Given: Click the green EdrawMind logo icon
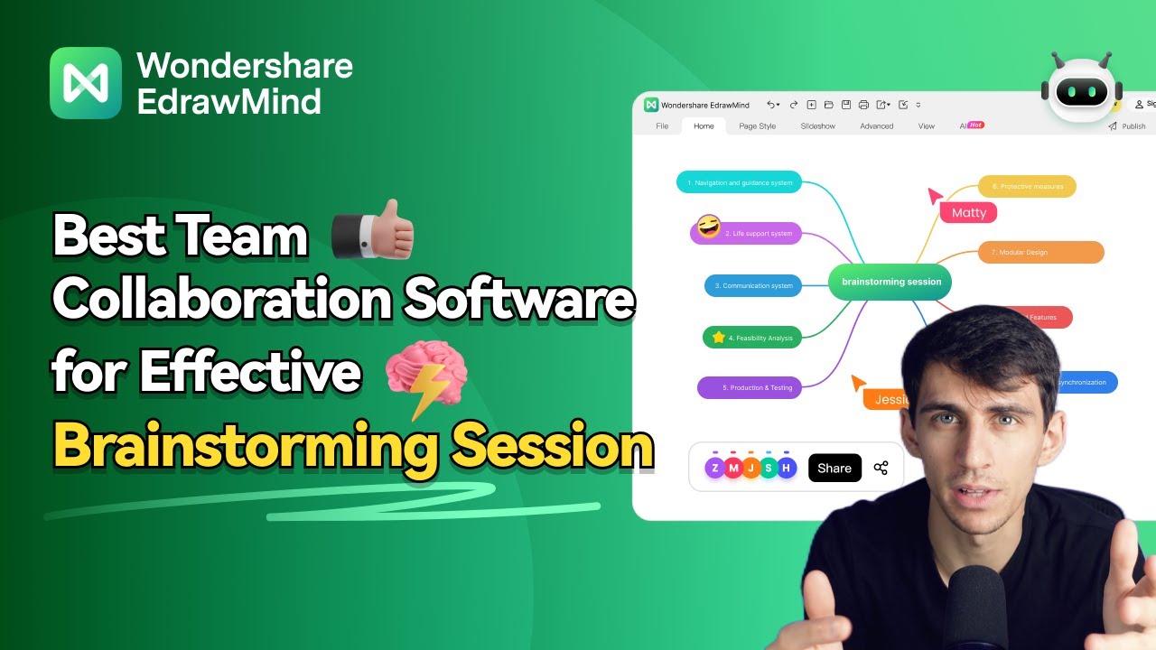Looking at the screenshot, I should coord(86,83).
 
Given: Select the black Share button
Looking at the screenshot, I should coord(834,468).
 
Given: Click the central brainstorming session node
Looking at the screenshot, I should coord(890,282).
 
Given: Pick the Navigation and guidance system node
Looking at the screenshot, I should coord(739,182).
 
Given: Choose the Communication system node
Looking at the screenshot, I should coord(753,285).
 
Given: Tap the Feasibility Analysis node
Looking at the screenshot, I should coord(752,338).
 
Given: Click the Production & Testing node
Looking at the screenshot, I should coord(750,387).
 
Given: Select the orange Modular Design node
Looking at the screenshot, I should coord(1040,252).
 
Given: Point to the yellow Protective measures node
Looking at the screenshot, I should coord(1027,187).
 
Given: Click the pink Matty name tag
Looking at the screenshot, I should coord(968,213).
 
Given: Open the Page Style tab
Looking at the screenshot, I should coord(757,126).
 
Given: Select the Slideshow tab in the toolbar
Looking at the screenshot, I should coord(817,126).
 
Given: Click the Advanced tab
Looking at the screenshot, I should coord(876,126).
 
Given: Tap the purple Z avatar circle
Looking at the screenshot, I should coord(715,468).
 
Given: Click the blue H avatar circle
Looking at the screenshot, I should coord(787,468).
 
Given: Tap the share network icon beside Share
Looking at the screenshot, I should coord(881,468).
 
